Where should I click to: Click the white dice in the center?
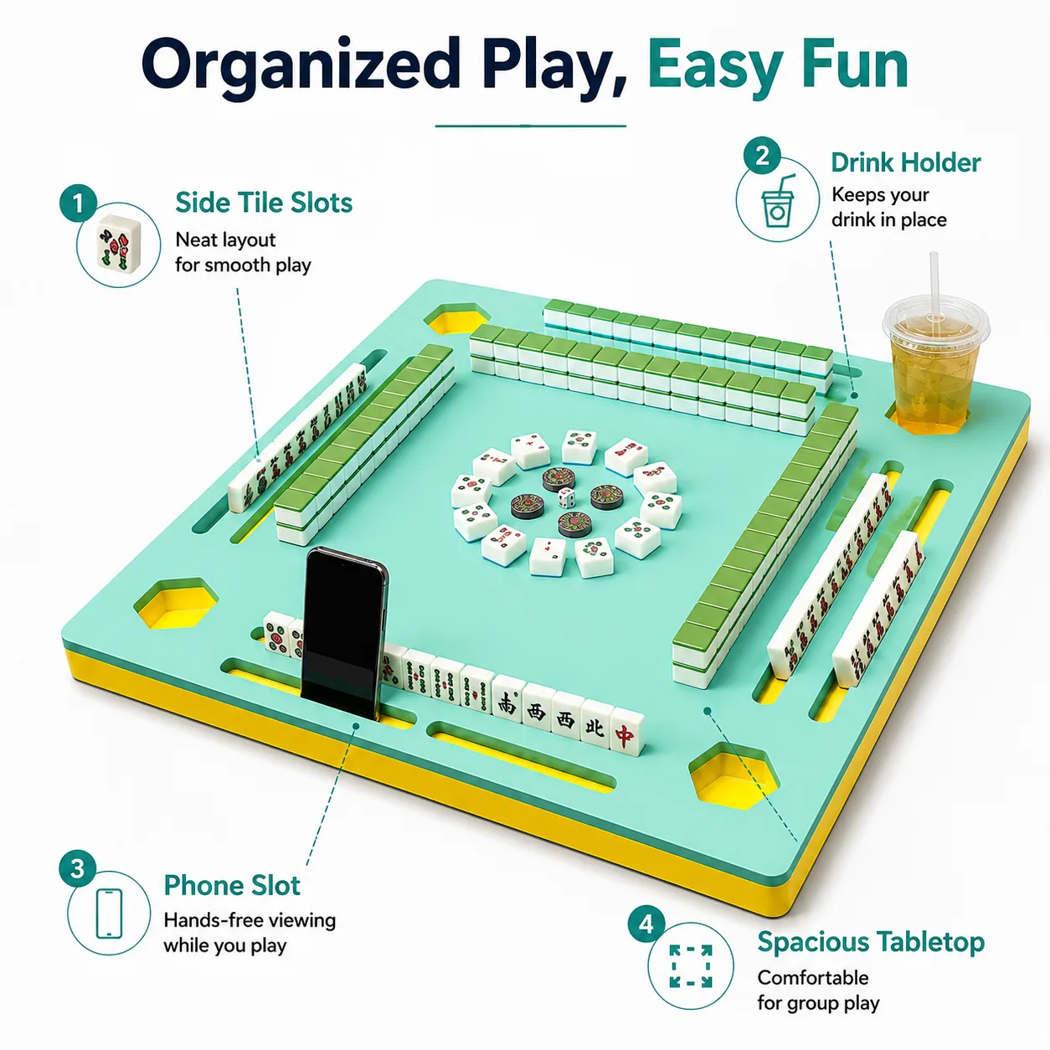pyautogui.click(x=566, y=498)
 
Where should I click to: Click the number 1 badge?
pyautogui.click(x=79, y=203)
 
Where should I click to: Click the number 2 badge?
pyautogui.click(x=762, y=155)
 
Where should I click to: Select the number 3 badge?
pyautogui.click(x=77, y=868)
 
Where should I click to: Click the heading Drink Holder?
pyautogui.click(x=906, y=162)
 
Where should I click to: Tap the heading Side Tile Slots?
pyautogui.click(x=264, y=202)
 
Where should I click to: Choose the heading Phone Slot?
pyautogui.click(x=232, y=885)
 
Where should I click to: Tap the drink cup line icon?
pyautogui.click(x=778, y=200)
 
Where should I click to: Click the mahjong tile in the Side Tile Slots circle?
pyautogui.click(x=119, y=243)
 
